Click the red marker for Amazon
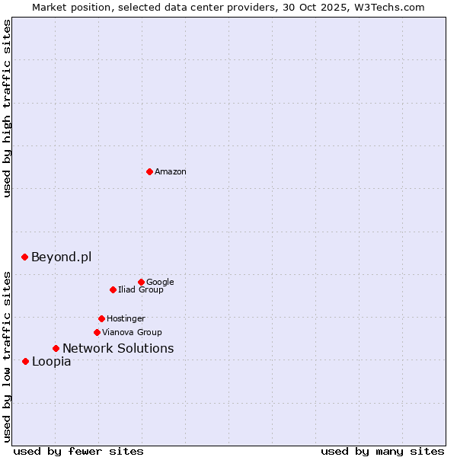coord(149,171)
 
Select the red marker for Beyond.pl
coord(25,257)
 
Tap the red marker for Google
coord(141,282)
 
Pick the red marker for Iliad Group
coord(113,289)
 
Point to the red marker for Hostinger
coord(101,318)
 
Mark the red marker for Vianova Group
coord(97,332)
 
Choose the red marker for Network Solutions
coord(56,348)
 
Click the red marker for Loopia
coord(25,361)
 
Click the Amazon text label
coord(170,172)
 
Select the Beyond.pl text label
coord(61,257)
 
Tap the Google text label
coord(160,282)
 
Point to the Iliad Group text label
coord(140,289)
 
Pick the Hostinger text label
coord(126,318)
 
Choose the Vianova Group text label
coord(132,332)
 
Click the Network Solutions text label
coord(118,348)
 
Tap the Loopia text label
coord(52,361)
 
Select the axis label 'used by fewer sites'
coord(78,451)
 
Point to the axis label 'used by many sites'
coord(382,451)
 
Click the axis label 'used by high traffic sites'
coord(8,108)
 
